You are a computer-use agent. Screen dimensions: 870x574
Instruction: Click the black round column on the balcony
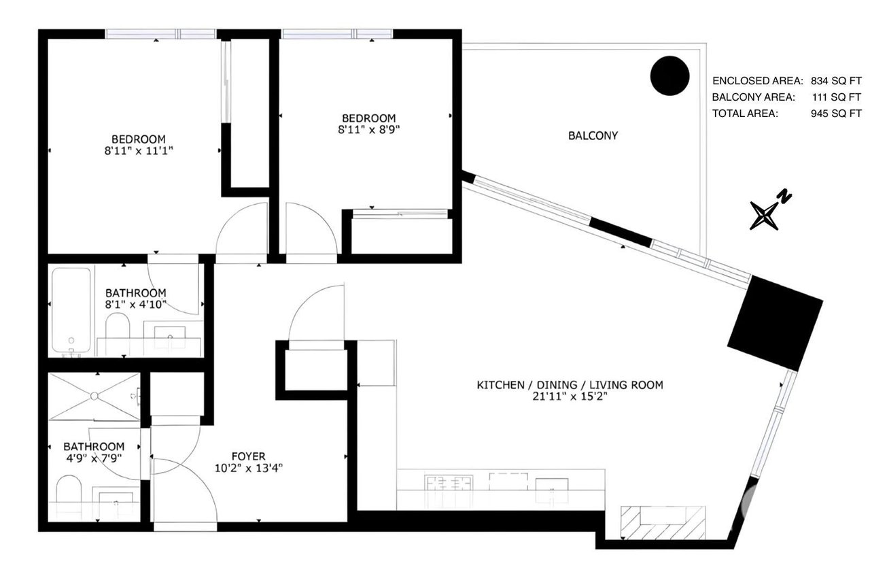click(x=669, y=75)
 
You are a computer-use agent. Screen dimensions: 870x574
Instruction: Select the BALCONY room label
click(x=593, y=135)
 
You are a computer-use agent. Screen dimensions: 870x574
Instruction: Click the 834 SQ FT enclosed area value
click(x=836, y=81)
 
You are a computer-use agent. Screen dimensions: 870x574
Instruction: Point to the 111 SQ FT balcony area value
click(x=836, y=97)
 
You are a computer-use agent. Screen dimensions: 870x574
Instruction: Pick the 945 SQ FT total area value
click(x=836, y=114)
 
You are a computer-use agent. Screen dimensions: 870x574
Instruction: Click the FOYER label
click(x=249, y=456)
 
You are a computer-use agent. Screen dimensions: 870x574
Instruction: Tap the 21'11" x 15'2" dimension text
click(x=570, y=396)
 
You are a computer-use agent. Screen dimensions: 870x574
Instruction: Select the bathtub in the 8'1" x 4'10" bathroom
click(x=71, y=311)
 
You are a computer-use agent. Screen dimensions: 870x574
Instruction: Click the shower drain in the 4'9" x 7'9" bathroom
click(x=94, y=396)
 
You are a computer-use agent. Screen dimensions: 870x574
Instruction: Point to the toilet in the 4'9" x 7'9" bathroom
click(x=69, y=489)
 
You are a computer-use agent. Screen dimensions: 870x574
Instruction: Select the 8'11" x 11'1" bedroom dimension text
click(x=138, y=151)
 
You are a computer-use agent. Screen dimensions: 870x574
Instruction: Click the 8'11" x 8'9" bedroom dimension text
click(x=368, y=130)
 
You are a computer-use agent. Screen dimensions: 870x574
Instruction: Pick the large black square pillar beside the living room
click(x=775, y=323)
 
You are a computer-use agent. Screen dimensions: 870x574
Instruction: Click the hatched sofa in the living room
click(x=663, y=522)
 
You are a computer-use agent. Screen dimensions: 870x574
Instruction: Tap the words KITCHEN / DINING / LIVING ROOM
click(x=570, y=385)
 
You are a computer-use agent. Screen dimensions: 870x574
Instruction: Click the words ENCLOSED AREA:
click(x=757, y=81)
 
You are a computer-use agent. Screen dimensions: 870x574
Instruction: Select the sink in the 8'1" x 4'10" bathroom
click(x=170, y=333)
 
